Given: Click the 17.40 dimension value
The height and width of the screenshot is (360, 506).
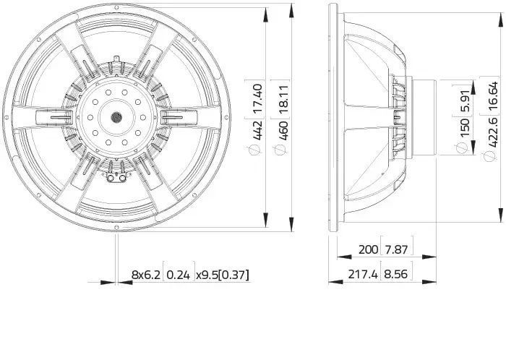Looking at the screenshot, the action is tap(258, 99).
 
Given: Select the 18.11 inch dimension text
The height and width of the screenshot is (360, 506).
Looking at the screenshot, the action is tap(283, 99).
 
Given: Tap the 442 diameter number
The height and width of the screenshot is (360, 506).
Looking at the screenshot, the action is tap(258, 131).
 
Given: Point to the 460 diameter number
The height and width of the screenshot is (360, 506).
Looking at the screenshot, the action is tap(283, 131).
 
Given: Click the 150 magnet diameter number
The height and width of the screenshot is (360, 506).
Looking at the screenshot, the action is tap(465, 128).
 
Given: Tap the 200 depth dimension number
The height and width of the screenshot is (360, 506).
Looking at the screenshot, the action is tap(368, 249).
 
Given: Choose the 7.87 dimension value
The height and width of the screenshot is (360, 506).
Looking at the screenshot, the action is tap(396, 249).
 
